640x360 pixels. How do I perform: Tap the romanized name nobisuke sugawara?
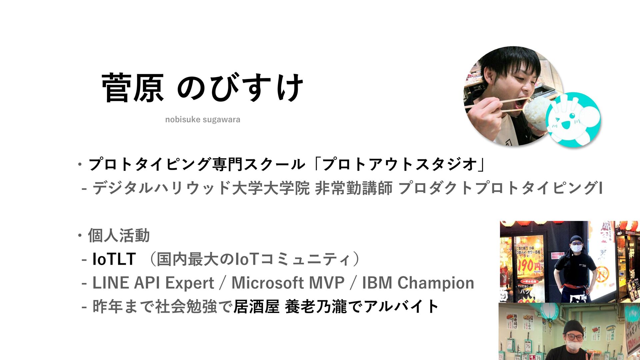pyautogui.click(x=203, y=119)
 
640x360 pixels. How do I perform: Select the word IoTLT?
pyautogui.click(x=114, y=259)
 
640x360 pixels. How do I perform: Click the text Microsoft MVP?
pyautogui.click(x=288, y=283)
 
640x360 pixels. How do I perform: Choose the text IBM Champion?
pyautogui.click(x=418, y=283)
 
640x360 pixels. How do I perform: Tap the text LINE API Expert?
pyautogui.click(x=153, y=283)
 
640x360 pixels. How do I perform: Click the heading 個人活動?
pyautogui.click(x=119, y=236)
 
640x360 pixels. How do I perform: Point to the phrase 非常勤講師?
pyautogui.click(x=354, y=188)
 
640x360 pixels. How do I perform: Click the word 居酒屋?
pyautogui.click(x=256, y=307)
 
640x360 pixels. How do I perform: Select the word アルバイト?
pyautogui.click(x=401, y=307)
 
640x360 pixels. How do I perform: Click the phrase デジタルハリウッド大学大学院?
pyautogui.click(x=201, y=188)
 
